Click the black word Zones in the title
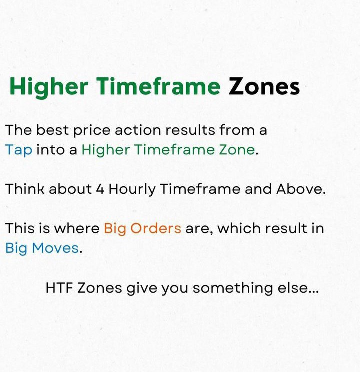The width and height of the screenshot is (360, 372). point(264,87)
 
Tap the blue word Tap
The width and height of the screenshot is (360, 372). point(19,150)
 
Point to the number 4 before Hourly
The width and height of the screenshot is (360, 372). point(100,189)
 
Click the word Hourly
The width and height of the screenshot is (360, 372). point(132,190)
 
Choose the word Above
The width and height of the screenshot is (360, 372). point(301,189)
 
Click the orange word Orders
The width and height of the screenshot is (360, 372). point(156,228)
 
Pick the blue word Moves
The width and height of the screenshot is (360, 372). point(55,248)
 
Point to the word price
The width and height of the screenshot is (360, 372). point(92,131)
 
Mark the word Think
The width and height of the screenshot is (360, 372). point(25,189)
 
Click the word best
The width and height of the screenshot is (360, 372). point(52,130)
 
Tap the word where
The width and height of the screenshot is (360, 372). point(77,228)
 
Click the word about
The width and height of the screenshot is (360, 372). point(70,189)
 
